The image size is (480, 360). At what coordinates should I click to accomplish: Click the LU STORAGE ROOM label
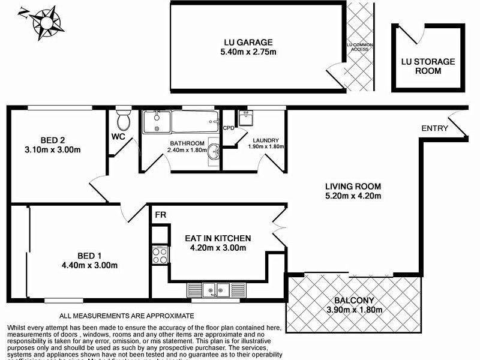pos(428,66)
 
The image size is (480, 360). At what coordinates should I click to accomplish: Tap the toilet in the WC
pos(124,120)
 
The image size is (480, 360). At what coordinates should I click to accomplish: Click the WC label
pos(117,136)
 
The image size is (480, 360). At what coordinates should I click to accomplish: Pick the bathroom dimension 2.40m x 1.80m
pos(187,151)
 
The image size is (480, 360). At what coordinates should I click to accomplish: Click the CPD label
pos(228,128)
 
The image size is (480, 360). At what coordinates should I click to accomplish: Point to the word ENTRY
pos(434,128)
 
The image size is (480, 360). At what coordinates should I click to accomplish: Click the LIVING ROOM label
pos(353,186)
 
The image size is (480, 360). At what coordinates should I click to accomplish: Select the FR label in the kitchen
pos(160,215)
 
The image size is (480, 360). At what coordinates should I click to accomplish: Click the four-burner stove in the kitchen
pos(160,256)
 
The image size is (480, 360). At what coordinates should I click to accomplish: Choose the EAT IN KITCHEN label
pos(217,238)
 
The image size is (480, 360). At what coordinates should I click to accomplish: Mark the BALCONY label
pos(351,301)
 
